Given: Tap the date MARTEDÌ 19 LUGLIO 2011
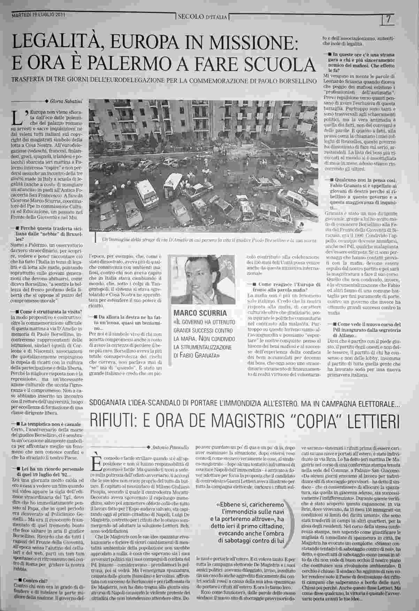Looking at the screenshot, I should pyautogui.click(x=39, y=15).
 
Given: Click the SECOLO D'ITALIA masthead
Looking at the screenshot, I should pyautogui.click(x=203, y=17).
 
